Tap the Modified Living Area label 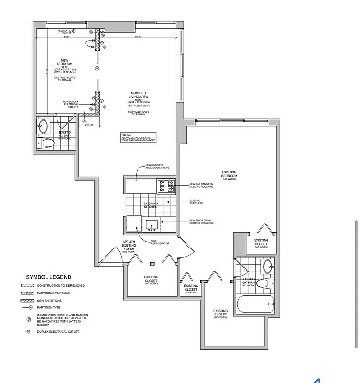click(x=138, y=96)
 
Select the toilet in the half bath click(x=48, y=143)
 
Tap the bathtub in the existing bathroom click(x=255, y=303)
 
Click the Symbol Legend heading click(x=48, y=277)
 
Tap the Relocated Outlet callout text click(x=64, y=32)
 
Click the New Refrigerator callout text click(x=160, y=242)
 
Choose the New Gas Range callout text click(x=201, y=185)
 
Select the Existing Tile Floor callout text click(x=195, y=202)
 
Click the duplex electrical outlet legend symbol click(x=29, y=331)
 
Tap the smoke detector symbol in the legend click(x=29, y=319)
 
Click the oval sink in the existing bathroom click(x=267, y=266)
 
